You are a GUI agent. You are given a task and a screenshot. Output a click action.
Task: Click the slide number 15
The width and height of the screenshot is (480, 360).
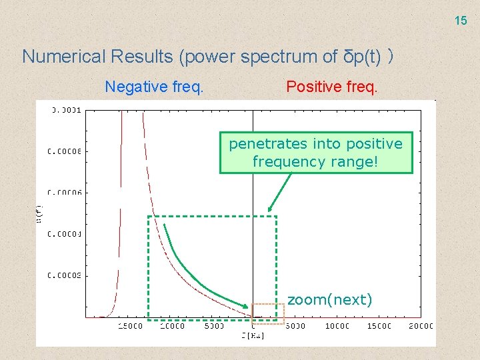click(461, 21)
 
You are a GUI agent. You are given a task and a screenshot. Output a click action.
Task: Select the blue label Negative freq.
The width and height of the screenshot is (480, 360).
click(154, 86)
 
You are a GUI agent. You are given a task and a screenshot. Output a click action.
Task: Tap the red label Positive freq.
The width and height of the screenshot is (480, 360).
click(331, 86)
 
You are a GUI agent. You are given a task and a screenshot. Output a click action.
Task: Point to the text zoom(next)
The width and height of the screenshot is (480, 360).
click(329, 300)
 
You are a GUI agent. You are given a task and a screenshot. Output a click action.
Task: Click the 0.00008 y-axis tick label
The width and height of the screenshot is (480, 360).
click(65, 151)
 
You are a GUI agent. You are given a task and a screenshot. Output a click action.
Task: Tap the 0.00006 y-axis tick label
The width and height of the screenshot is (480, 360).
click(65, 193)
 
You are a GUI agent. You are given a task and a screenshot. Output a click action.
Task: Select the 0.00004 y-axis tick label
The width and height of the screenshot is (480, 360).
click(65, 234)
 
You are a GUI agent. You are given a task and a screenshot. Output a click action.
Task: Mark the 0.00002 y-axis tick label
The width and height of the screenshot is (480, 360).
click(65, 275)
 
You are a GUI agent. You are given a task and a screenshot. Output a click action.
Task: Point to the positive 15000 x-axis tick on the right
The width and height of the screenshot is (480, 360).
click(379, 326)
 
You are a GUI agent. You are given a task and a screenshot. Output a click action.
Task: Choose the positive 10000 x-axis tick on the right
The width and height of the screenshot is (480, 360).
click(337, 326)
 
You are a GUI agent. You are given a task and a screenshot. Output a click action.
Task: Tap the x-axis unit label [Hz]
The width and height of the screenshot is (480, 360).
click(253, 335)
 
